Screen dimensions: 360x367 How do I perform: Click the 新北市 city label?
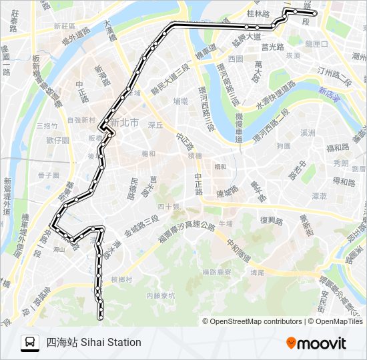(x=125, y=123)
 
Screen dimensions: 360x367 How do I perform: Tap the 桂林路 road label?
(x=257, y=13)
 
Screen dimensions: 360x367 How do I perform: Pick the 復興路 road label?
(x=272, y=220)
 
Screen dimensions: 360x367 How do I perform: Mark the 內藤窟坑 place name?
(x=160, y=294)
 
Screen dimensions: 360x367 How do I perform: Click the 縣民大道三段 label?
(x=170, y=77)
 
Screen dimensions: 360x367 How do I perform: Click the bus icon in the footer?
(x=30, y=343)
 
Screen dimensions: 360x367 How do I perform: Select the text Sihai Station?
(x=111, y=343)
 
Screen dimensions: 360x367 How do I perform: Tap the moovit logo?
(x=316, y=343)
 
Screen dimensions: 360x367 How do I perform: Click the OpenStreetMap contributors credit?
(x=256, y=321)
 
